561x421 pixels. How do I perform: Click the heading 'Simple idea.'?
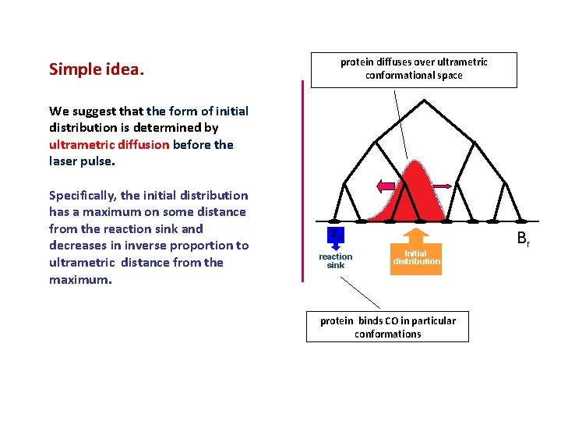tap(97, 69)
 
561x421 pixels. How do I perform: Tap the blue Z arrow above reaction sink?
tap(334, 236)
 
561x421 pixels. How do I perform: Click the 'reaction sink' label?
tap(335, 260)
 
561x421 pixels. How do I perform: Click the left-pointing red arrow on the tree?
tap(386, 186)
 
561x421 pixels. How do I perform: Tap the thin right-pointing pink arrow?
tap(439, 186)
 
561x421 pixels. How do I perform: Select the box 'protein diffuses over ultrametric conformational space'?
tap(414, 69)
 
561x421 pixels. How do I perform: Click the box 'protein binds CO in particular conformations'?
tap(387, 327)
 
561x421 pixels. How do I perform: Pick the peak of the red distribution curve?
tap(415, 162)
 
